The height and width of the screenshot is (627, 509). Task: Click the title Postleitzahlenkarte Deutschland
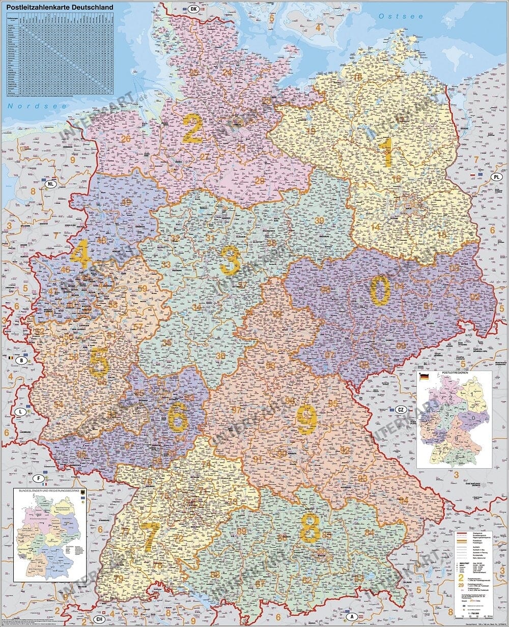coord(56,7)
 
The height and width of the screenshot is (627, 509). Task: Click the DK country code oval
coord(193,9)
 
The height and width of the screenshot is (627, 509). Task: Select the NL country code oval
coord(50,183)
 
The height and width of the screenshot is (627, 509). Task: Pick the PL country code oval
coord(497,177)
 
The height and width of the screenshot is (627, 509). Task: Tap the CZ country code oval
coord(401,410)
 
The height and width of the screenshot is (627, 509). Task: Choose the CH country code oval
coord(100,619)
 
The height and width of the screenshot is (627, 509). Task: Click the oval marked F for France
coord(38,479)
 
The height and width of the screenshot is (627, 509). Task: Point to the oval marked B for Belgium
coord(21,360)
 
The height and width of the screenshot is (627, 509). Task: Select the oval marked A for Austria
coord(351,617)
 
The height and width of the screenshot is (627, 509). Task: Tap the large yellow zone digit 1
coord(387,152)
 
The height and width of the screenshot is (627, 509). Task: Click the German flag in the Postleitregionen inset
coord(423,377)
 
